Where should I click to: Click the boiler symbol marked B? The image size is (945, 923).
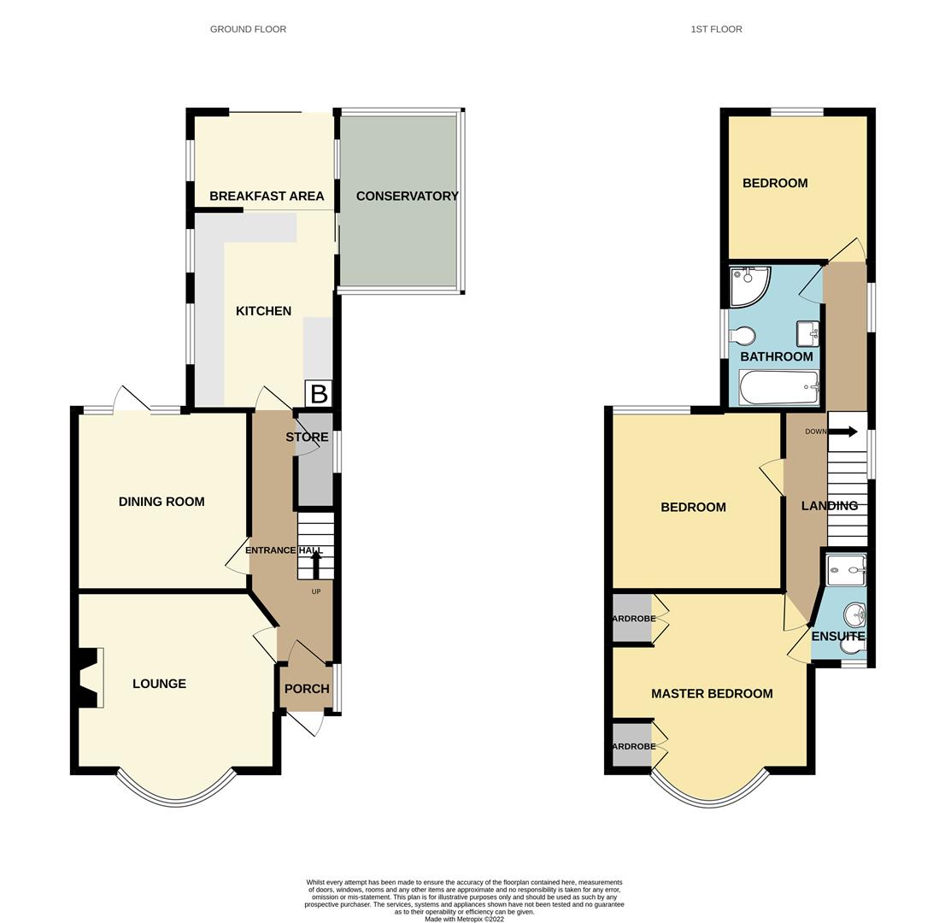coord(319,394)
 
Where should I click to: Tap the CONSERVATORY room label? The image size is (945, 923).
coord(407,196)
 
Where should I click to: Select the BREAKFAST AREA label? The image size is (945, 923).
coord(267,196)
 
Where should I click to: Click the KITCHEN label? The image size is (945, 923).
coord(263,311)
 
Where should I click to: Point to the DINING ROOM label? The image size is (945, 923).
coord(161,502)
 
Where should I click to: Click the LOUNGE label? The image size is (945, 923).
coord(159,684)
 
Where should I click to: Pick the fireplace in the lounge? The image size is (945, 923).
coord(89,678)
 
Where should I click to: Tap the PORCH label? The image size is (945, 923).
coord(307,689)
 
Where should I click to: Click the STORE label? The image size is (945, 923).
coord(307,437)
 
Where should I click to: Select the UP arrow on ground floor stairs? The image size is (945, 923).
coord(316,565)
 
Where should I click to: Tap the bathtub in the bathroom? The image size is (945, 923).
coord(778,388)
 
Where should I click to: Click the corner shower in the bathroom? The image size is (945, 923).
coord(748,286)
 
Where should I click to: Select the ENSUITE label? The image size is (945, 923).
coord(838,637)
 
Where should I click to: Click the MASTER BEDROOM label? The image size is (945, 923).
coord(712,694)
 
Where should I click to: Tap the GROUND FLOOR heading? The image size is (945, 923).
coord(248,29)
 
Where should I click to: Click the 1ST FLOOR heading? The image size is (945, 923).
coord(716,29)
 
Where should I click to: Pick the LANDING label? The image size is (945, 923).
coord(829,506)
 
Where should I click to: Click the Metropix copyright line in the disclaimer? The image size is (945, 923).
coord(464,920)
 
